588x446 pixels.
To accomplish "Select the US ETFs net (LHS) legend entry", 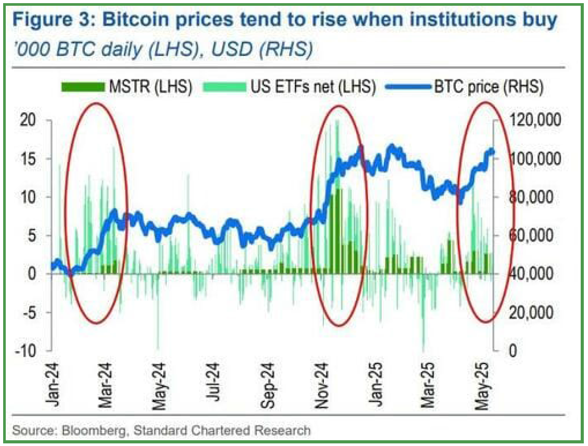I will tap(311, 87).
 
